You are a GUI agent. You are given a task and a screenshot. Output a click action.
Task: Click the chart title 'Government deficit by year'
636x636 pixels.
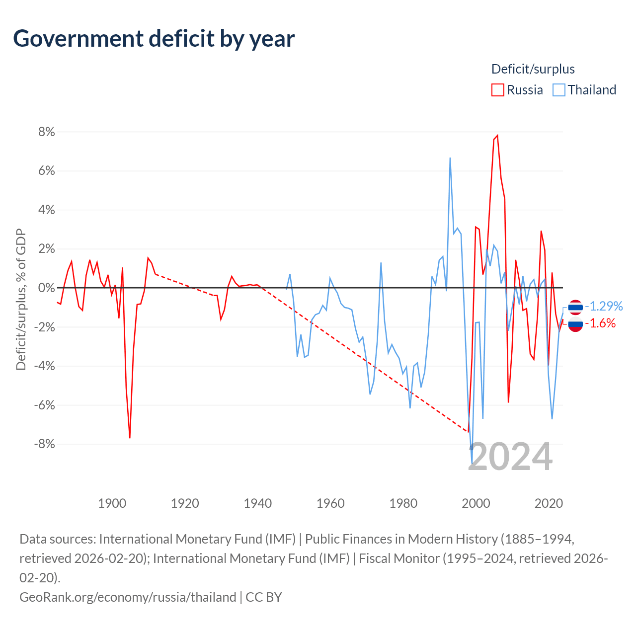click(x=154, y=39)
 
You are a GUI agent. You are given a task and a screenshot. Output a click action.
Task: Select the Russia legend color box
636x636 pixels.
click(x=497, y=90)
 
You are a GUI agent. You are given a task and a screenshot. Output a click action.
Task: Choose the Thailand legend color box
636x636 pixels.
click(x=559, y=90)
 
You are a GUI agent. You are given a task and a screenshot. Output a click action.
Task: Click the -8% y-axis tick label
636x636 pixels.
click(x=44, y=444)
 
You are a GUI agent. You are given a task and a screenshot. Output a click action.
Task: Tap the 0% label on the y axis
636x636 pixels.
click(x=46, y=288)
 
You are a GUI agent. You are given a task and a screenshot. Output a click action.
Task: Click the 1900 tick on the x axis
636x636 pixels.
click(x=112, y=503)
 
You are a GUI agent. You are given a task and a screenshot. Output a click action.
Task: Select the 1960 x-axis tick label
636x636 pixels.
click(x=330, y=503)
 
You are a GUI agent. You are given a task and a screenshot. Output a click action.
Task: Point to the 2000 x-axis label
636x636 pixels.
click(x=476, y=503)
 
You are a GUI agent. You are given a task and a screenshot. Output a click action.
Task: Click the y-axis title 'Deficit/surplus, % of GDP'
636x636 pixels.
click(x=21, y=299)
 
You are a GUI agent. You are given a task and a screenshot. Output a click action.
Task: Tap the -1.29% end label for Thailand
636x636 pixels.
click(x=604, y=306)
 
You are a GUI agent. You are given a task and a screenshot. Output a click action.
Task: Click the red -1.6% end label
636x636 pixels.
click(x=600, y=323)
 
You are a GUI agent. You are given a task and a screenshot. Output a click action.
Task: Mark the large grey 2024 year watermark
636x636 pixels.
click(x=510, y=457)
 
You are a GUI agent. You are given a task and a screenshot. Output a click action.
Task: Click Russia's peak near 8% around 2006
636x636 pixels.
click(x=497, y=136)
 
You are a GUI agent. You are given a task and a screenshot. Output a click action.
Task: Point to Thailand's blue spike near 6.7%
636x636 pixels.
click(x=450, y=159)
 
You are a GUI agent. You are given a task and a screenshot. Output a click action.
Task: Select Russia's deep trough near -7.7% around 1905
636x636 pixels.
click(x=130, y=438)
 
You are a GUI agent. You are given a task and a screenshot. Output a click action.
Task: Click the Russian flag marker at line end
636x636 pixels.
click(x=575, y=324)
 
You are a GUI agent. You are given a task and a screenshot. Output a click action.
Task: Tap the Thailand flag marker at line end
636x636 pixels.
click(x=575, y=307)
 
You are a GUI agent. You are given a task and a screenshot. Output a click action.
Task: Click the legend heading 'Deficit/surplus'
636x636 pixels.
click(x=533, y=69)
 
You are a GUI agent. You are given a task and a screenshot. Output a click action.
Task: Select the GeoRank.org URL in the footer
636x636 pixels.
click(x=128, y=597)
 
